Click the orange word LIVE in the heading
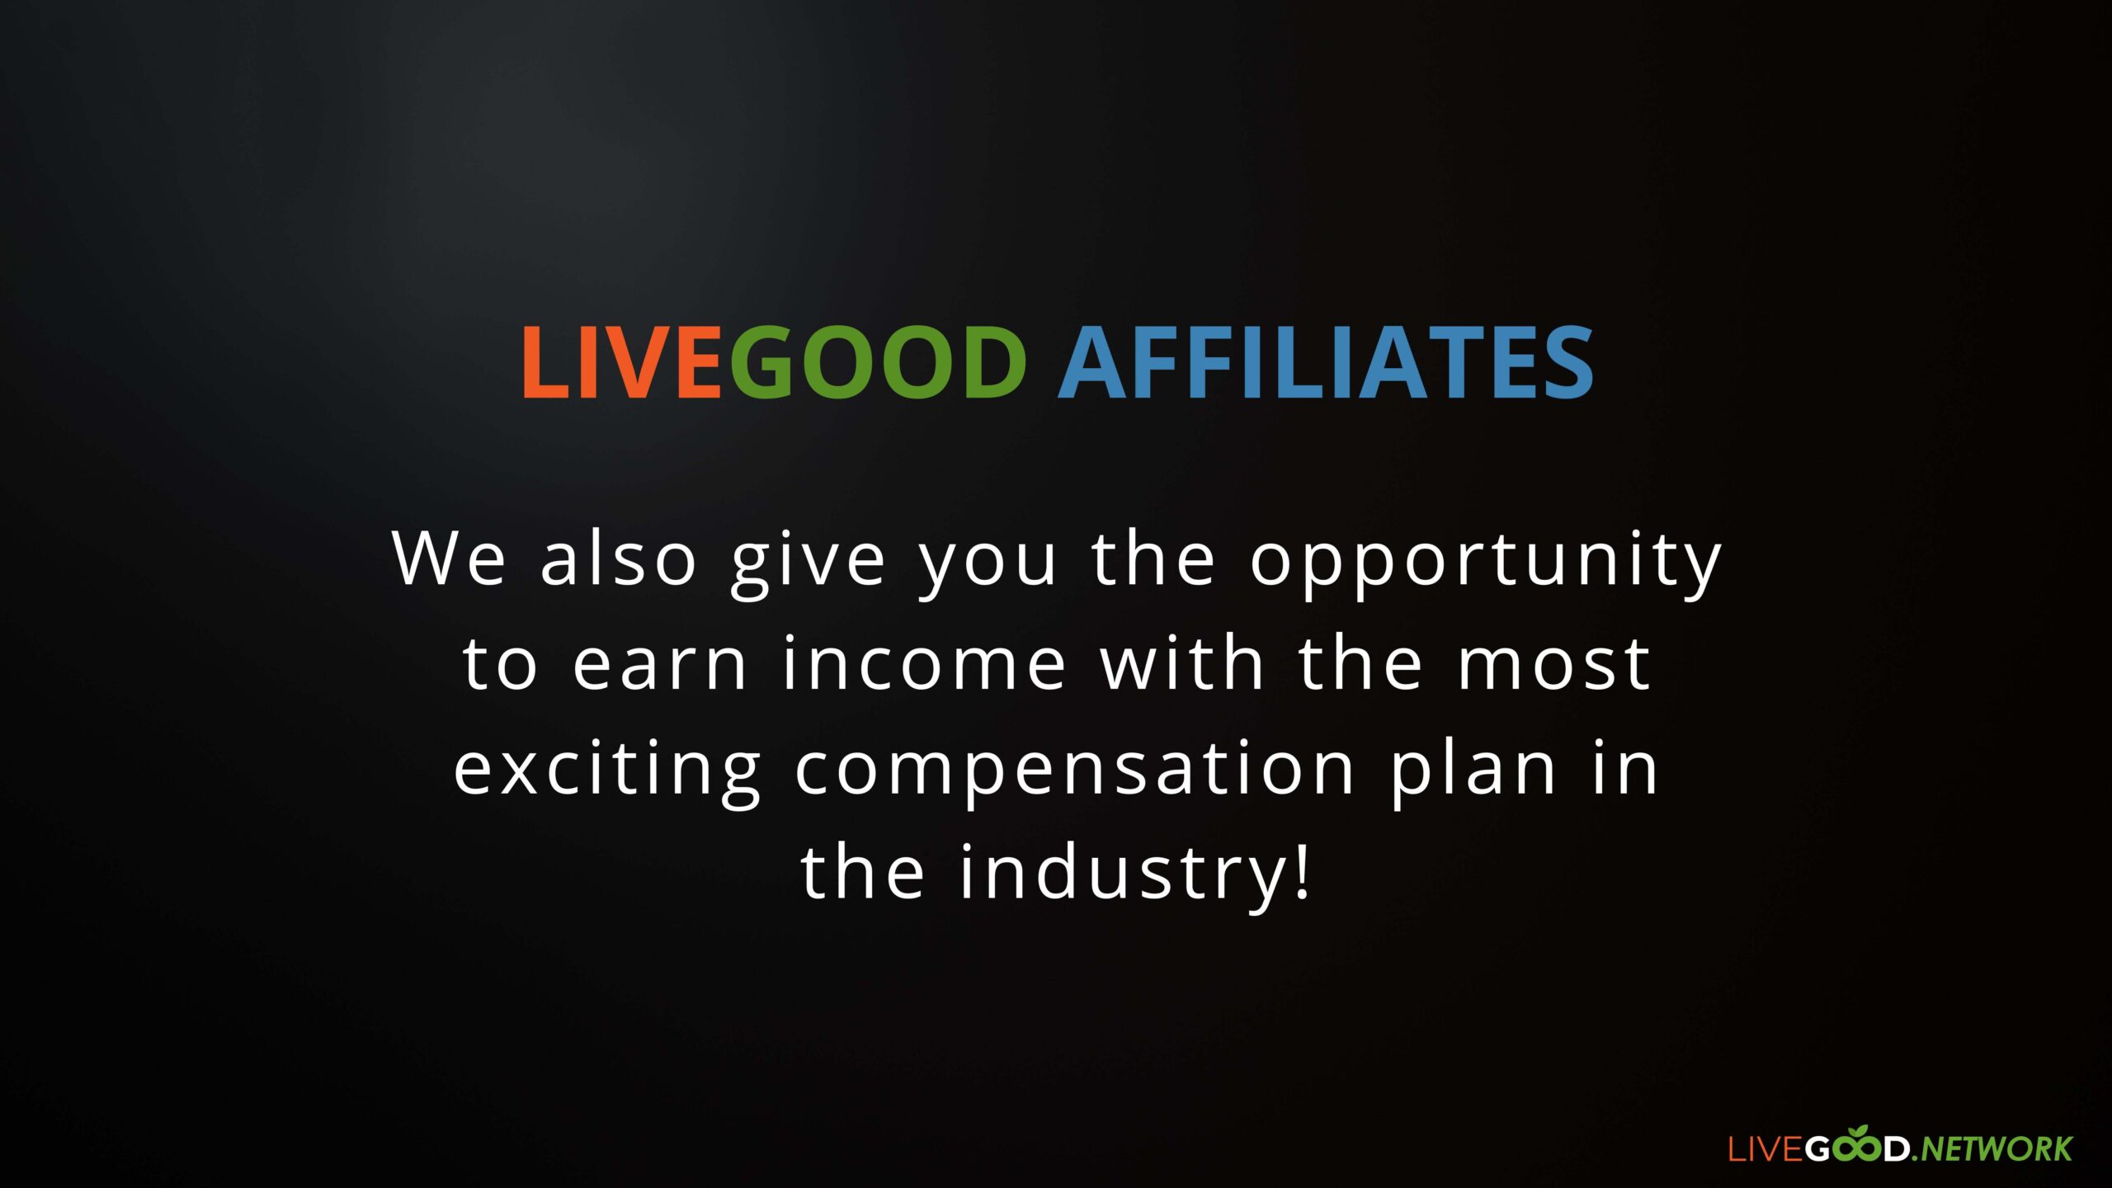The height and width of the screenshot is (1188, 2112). [x=622, y=362]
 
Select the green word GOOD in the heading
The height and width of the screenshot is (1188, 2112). [x=878, y=362]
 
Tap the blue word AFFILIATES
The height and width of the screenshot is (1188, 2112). [x=1326, y=362]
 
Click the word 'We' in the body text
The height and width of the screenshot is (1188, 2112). [x=449, y=559]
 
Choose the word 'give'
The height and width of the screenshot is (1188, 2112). [x=808, y=563]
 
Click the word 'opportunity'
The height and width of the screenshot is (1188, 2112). [x=1486, y=563]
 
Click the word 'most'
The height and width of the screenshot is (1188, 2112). [x=1554, y=664]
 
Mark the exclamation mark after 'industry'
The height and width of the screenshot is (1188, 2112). [x=1302, y=870]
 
